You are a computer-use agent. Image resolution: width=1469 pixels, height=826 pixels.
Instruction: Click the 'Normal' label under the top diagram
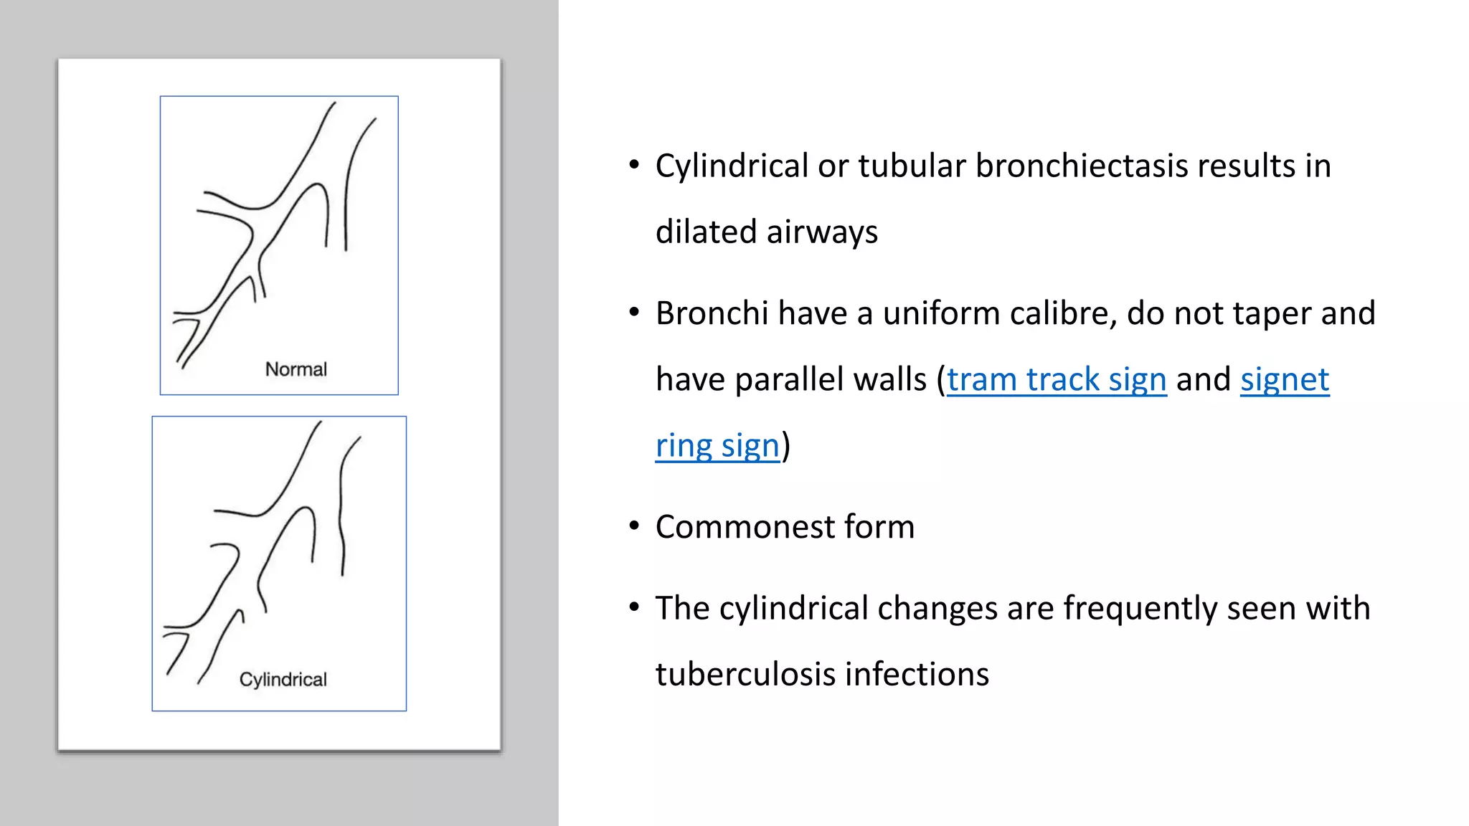[x=296, y=369]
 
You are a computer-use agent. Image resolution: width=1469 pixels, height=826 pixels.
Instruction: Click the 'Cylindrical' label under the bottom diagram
[x=283, y=679]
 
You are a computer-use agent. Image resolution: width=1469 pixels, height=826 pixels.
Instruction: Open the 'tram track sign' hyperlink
[x=1056, y=379]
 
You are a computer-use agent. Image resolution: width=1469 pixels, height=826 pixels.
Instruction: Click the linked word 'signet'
[x=1285, y=379]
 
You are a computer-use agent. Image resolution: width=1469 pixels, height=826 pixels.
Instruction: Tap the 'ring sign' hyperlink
[x=717, y=446]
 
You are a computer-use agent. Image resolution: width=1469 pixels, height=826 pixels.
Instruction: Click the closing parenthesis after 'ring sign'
[x=786, y=446]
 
